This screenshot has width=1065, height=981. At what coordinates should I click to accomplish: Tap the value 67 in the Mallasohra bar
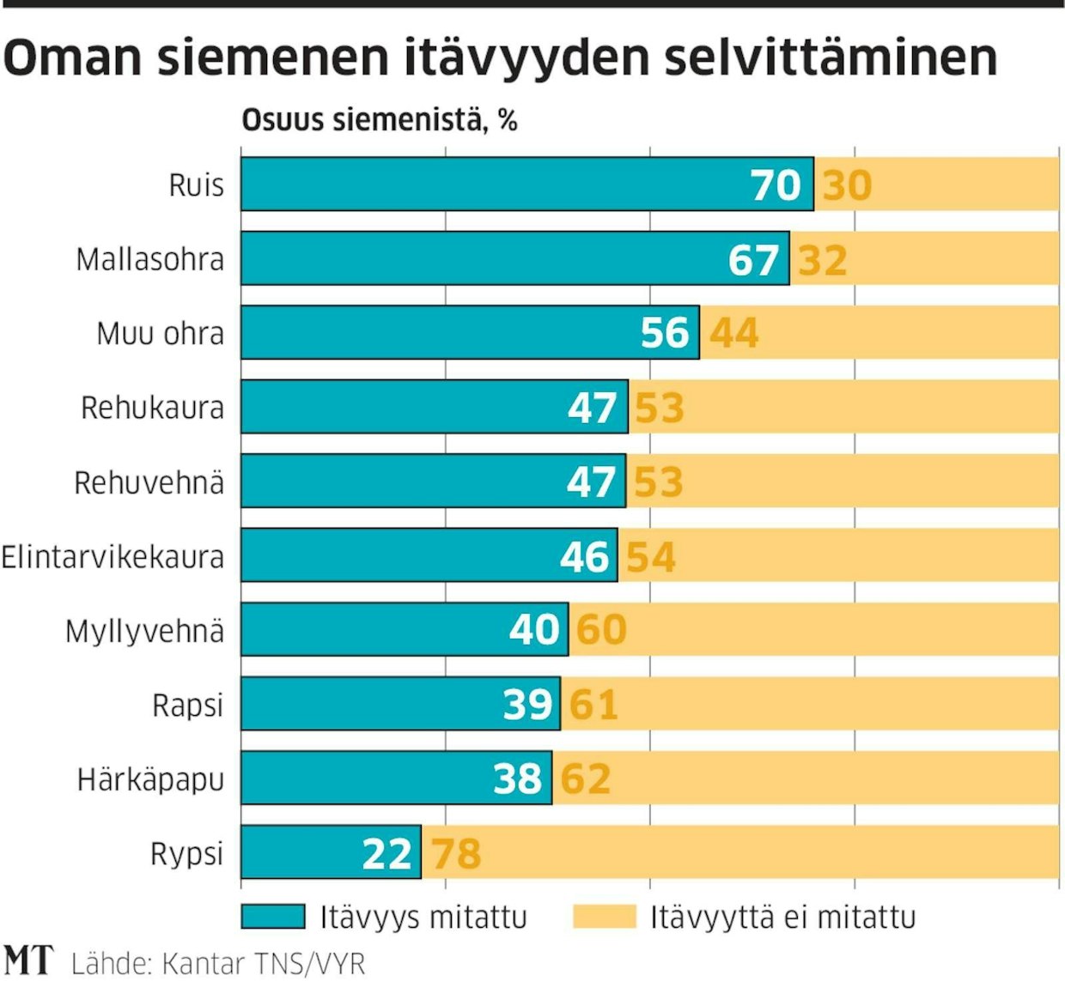click(x=753, y=259)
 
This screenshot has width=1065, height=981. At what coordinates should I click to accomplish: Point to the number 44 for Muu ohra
click(x=734, y=333)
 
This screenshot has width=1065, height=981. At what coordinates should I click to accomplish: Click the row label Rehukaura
click(x=152, y=408)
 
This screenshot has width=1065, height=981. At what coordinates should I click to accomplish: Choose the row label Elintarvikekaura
click(x=113, y=557)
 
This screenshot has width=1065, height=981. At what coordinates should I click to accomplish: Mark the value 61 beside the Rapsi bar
click(x=593, y=705)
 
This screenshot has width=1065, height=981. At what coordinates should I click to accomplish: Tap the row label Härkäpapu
click(x=150, y=779)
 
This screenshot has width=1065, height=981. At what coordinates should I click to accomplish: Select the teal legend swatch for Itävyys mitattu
click(x=273, y=917)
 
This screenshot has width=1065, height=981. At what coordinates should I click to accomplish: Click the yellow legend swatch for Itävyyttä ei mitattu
click(x=605, y=917)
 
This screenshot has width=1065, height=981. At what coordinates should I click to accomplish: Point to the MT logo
click(x=28, y=960)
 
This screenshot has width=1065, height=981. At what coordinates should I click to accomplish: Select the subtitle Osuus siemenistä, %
click(x=380, y=120)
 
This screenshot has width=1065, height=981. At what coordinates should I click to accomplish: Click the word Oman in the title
click(x=72, y=58)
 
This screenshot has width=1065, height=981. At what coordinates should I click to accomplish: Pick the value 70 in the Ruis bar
click(x=776, y=185)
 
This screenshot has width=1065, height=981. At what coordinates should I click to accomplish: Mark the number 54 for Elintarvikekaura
click(x=650, y=557)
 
